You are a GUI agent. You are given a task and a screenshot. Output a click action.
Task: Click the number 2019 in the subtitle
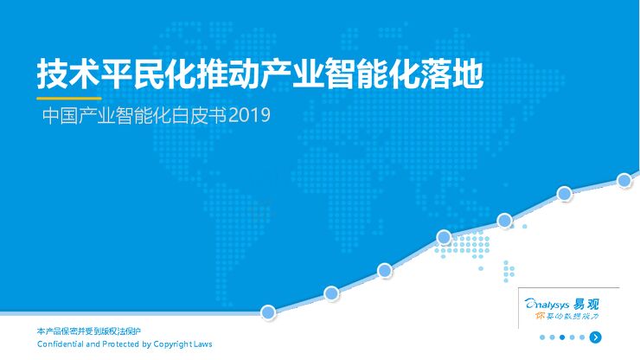251,116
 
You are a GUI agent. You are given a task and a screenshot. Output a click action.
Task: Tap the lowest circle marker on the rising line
268,312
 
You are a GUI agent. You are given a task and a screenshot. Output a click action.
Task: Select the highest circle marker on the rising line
624,180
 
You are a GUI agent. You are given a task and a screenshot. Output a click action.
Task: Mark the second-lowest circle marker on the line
331,293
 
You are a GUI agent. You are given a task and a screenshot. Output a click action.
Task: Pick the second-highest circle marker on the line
564,194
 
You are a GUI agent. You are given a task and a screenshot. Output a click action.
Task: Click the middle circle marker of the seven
444,236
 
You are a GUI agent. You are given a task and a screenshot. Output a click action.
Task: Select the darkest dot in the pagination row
561,337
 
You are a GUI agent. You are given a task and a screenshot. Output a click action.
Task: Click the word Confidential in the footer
61,344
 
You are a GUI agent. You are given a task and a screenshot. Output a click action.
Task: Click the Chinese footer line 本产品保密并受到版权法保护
89,331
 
